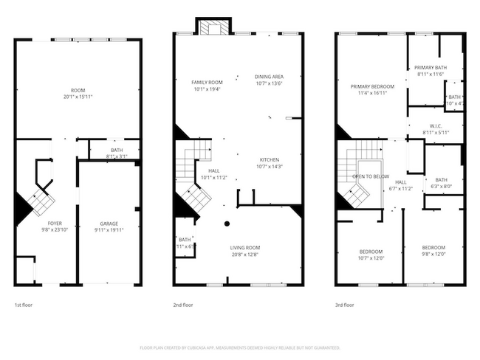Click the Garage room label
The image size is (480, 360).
tap(109, 223)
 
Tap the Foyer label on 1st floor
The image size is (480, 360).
tap(55, 223)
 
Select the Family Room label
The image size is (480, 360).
tap(207, 82)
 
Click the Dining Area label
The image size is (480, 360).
tap(269, 77)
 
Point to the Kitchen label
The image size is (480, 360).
tap(269, 159)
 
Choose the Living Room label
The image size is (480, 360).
tap(244, 247)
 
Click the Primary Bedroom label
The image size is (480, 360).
tap(372, 86)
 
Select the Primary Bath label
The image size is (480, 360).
tap(429, 68)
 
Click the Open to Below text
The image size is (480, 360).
tap(370, 177)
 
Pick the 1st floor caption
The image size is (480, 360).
tap(23, 305)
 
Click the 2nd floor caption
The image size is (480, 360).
tap(182, 305)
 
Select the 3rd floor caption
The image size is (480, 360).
tap(344, 305)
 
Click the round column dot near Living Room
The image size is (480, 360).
tap(228, 223)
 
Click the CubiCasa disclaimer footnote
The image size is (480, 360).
tap(239, 347)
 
